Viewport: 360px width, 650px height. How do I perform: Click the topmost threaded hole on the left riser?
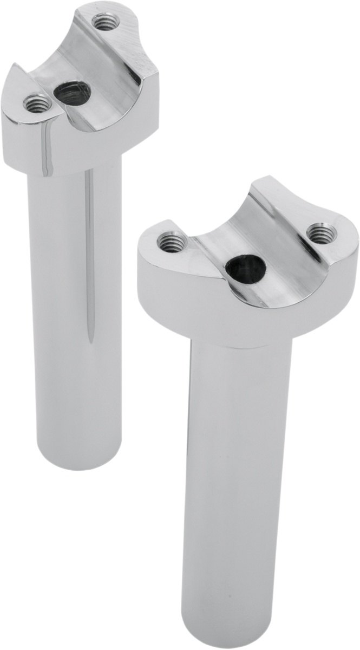pos(102,22)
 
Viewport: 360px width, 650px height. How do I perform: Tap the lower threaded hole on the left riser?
pos(37,102)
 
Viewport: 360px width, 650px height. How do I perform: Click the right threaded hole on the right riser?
pos(321,233)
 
